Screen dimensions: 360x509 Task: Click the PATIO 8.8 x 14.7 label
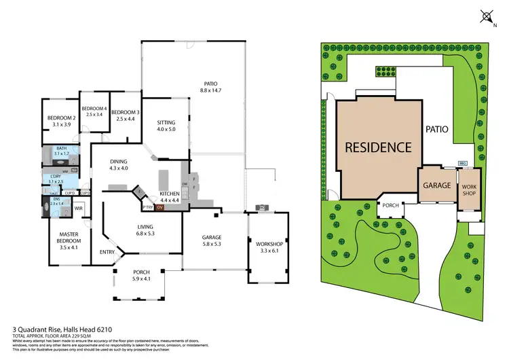click(212, 86)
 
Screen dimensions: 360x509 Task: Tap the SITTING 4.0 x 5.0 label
click(166, 125)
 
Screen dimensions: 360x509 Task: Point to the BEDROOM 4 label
click(94, 111)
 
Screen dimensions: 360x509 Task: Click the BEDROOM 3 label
click(126, 115)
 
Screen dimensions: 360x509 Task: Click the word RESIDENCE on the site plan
click(378, 147)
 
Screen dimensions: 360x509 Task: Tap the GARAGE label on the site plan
click(438, 185)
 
